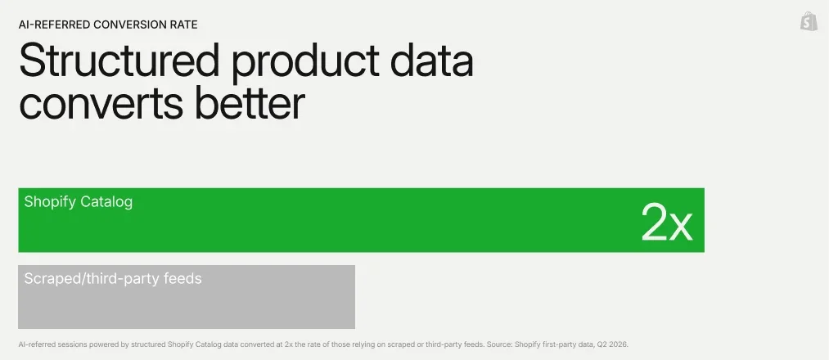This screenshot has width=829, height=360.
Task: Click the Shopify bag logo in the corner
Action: point(809,21)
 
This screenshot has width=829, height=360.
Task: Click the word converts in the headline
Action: point(101,104)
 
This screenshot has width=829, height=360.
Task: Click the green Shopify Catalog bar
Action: point(361,220)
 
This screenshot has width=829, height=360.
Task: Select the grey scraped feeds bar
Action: point(187,296)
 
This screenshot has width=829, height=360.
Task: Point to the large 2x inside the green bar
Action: point(666,223)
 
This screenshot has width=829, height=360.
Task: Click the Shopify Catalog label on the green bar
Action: point(79,202)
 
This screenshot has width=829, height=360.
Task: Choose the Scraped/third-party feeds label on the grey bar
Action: point(113,278)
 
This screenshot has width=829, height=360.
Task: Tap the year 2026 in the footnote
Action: point(619,344)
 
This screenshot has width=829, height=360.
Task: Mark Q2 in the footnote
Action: point(602,344)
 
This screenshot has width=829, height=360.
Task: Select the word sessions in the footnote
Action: point(71,344)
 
